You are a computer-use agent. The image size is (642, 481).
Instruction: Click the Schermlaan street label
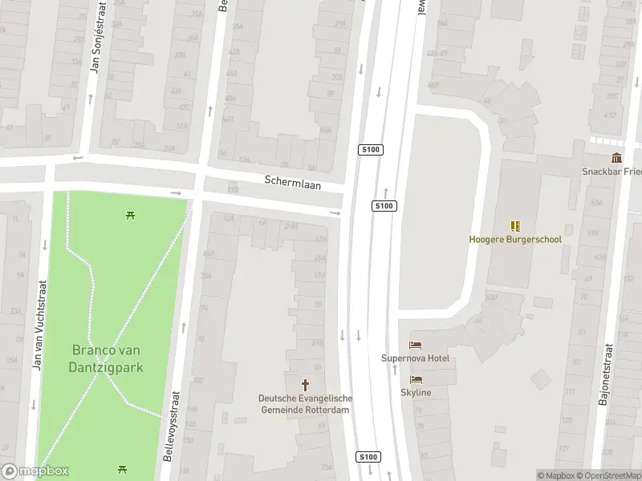[293, 183]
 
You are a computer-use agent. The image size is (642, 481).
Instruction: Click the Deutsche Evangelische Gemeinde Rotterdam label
[305, 403]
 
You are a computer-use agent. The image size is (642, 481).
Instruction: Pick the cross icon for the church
[305, 386]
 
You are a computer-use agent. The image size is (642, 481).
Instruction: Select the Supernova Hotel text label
[415, 358]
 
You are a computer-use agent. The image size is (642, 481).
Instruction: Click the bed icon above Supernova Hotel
[415, 346]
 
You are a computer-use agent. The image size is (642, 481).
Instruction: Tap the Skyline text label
[416, 392]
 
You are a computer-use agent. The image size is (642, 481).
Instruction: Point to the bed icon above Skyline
[416, 379]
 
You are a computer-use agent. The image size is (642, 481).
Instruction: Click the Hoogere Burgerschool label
[515, 239]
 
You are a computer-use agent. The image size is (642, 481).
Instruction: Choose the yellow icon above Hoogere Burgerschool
[515, 226]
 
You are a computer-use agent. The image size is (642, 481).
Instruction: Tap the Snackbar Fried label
[612, 171]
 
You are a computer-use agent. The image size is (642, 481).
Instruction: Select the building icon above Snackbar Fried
[616, 157]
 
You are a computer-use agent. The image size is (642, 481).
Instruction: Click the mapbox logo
[35, 471]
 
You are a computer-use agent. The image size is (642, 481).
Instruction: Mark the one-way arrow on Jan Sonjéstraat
[89, 99]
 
